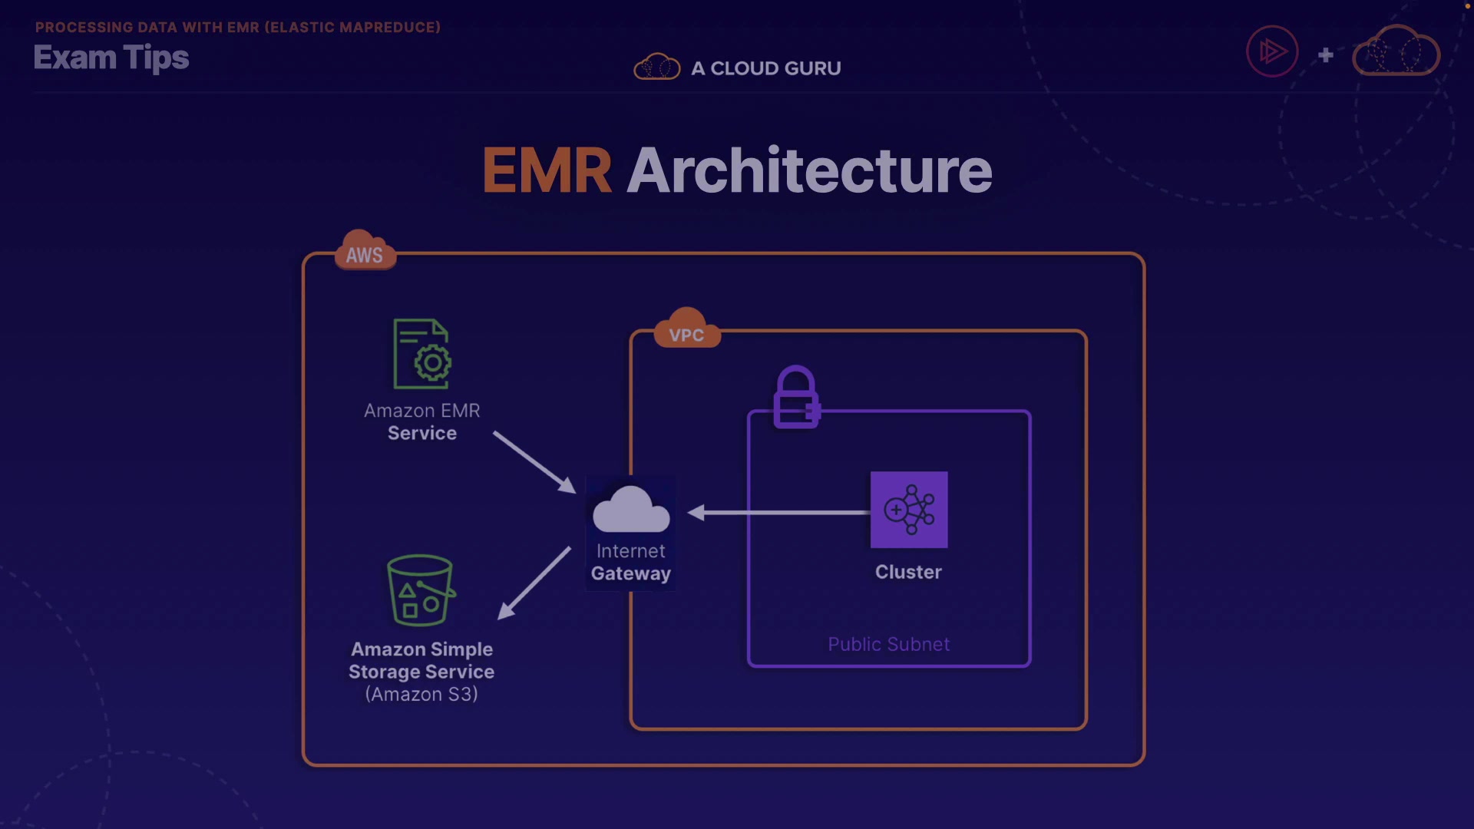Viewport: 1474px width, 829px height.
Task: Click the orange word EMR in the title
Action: click(547, 170)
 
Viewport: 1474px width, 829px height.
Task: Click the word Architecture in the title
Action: click(809, 170)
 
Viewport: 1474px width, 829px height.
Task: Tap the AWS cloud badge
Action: click(365, 252)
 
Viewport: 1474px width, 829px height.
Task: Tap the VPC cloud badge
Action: click(686, 331)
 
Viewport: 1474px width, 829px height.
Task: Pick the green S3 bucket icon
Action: click(420, 590)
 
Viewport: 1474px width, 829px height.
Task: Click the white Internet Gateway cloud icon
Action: click(631, 510)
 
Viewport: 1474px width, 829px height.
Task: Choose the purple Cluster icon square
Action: click(909, 510)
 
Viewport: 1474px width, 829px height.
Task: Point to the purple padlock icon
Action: click(796, 397)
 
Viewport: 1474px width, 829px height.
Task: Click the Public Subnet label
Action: click(888, 644)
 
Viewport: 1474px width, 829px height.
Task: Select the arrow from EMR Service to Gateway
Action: click(534, 461)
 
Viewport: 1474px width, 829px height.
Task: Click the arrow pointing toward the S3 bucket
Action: click(534, 583)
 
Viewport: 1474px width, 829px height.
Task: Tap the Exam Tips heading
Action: click(111, 58)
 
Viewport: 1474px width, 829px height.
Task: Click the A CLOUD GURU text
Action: click(765, 68)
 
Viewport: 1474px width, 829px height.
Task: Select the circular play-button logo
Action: click(1272, 51)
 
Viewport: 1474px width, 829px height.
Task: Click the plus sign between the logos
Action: click(1326, 54)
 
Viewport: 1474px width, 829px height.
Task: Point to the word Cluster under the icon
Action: click(908, 572)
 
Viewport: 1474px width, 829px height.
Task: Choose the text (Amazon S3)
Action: click(421, 694)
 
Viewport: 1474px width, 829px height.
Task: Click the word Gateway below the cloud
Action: click(631, 573)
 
